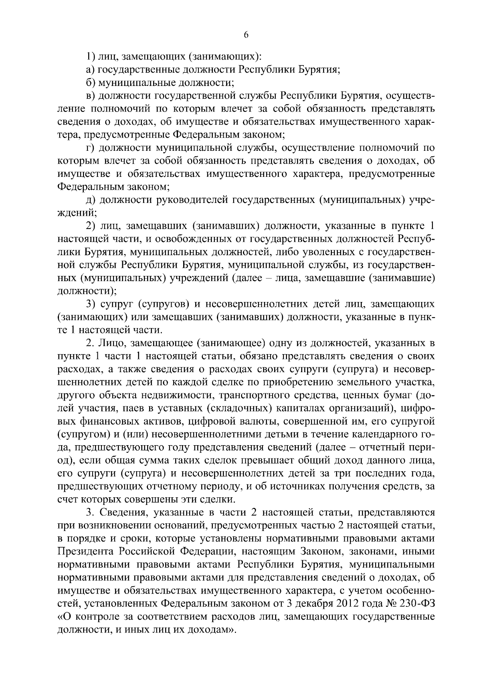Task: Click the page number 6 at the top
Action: point(246,35)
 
